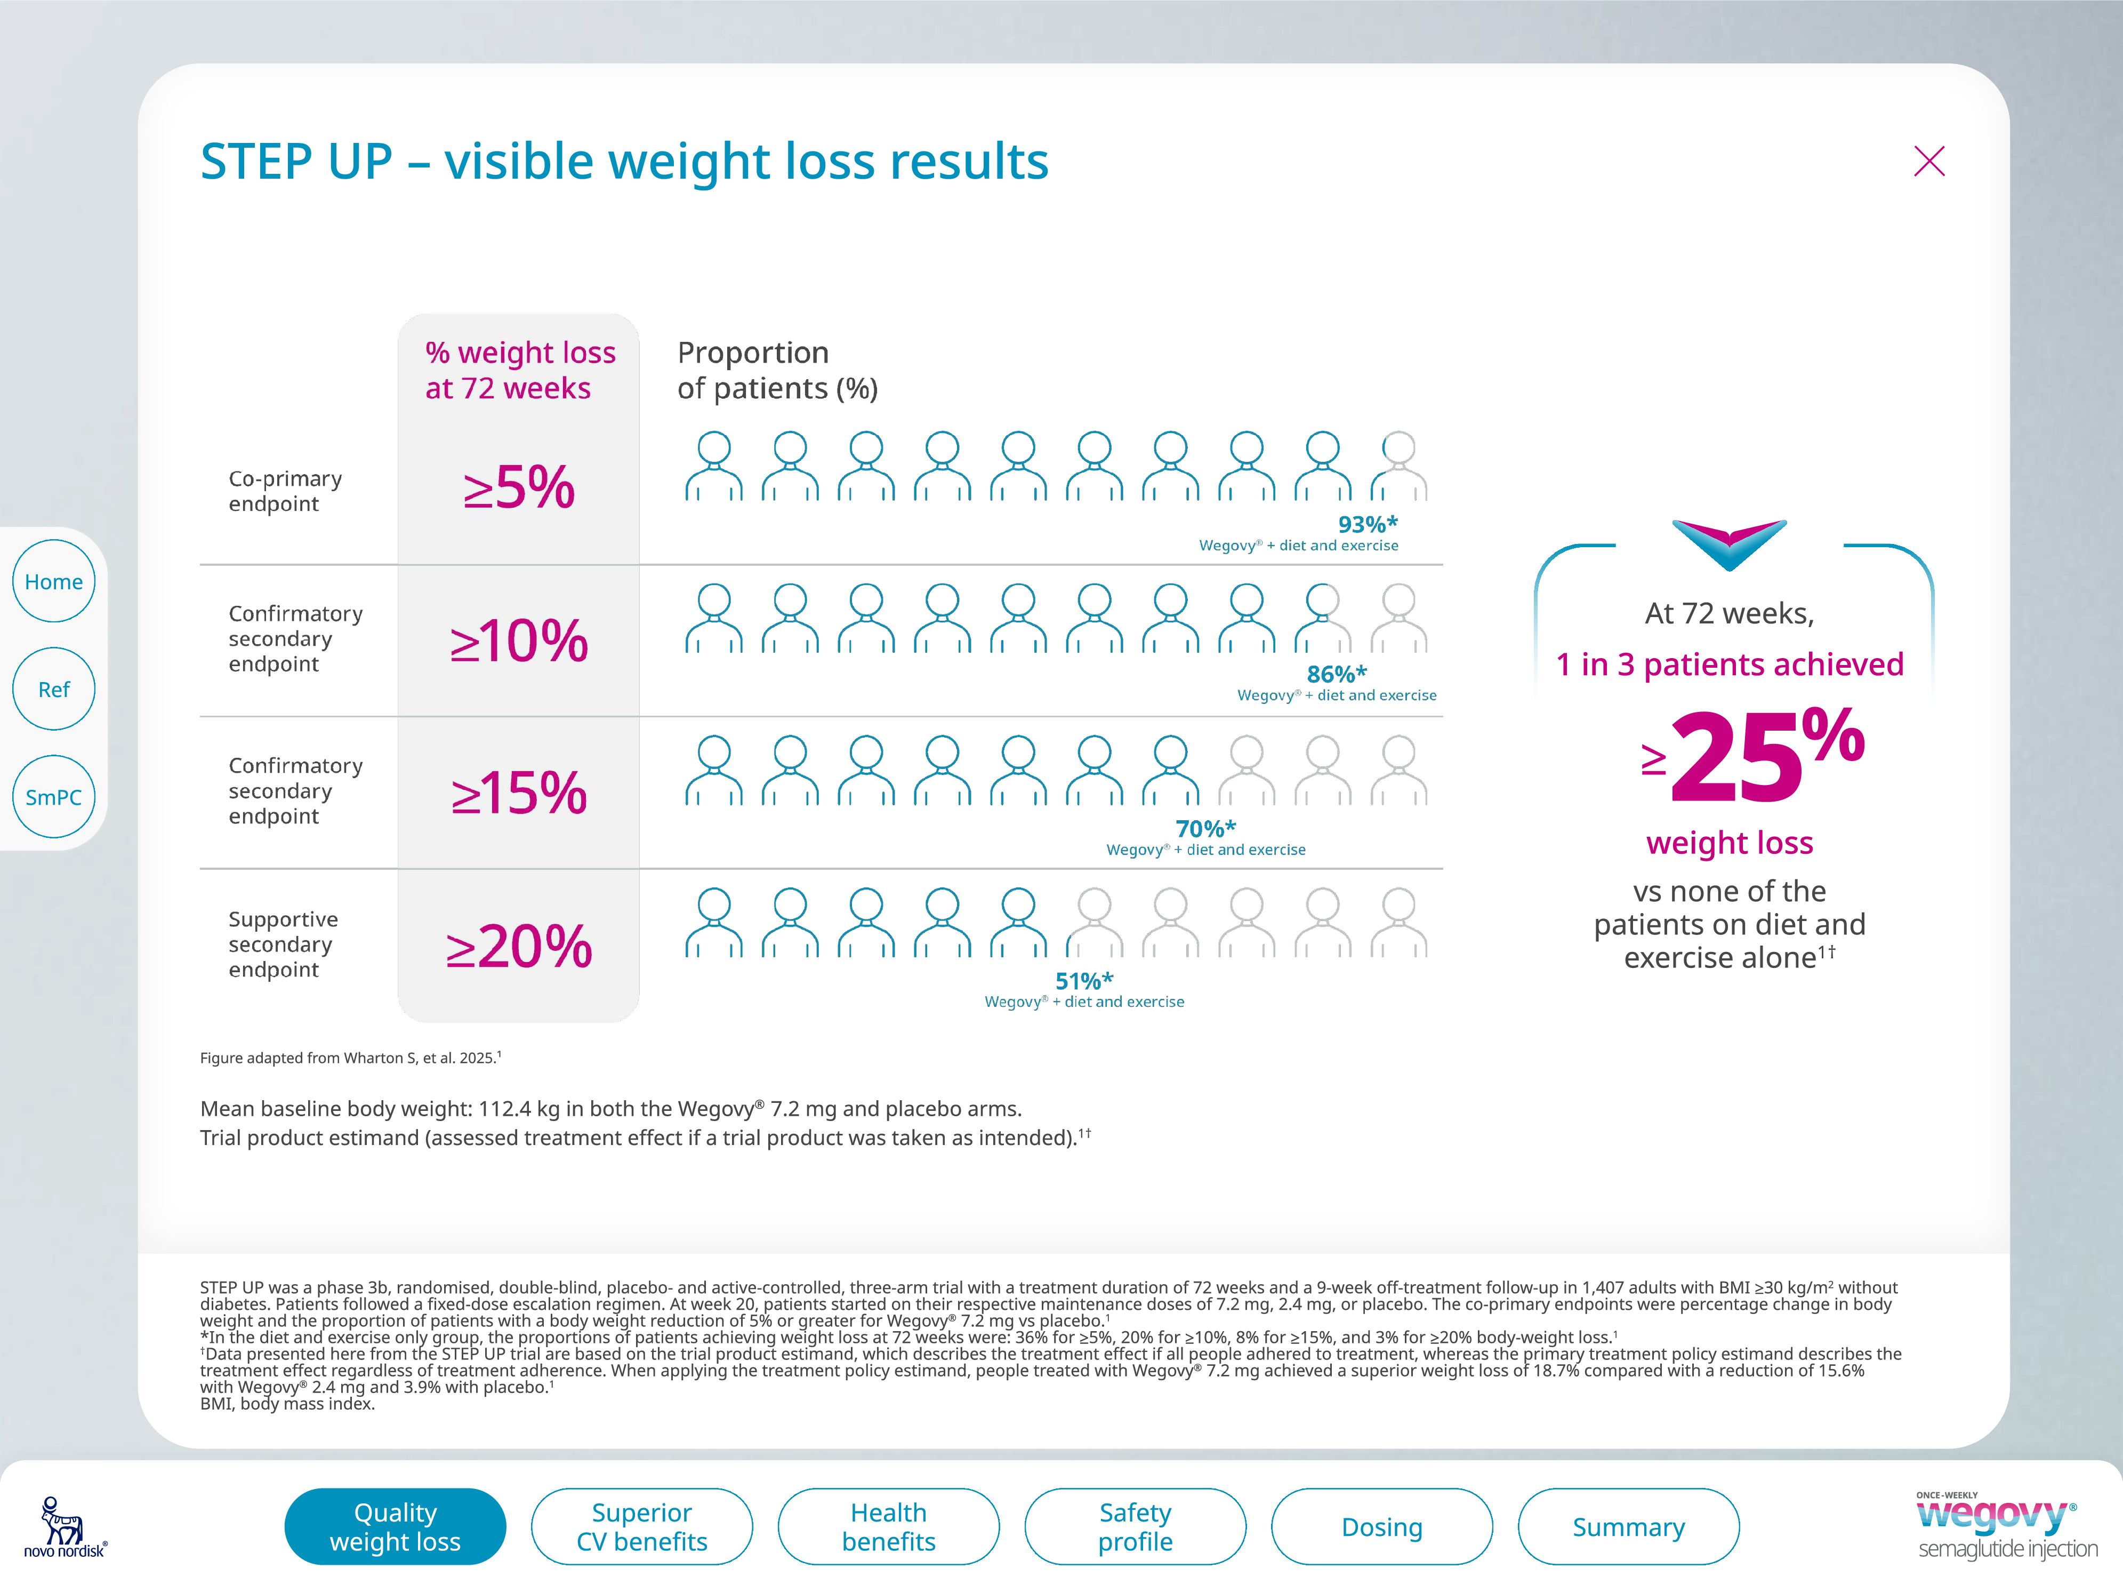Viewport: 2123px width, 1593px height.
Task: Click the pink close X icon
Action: (x=1928, y=161)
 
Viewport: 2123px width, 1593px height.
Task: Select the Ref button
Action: (x=54, y=690)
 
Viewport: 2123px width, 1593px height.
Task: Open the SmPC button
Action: (x=54, y=797)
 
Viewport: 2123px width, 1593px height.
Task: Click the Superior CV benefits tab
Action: (x=641, y=1527)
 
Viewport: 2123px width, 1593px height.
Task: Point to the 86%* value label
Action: (x=1336, y=674)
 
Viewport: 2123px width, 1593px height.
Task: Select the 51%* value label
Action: (x=1083, y=980)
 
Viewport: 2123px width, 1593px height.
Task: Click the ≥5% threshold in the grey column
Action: (x=518, y=488)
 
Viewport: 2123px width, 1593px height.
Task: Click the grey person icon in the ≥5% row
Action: (x=1398, y=467)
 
